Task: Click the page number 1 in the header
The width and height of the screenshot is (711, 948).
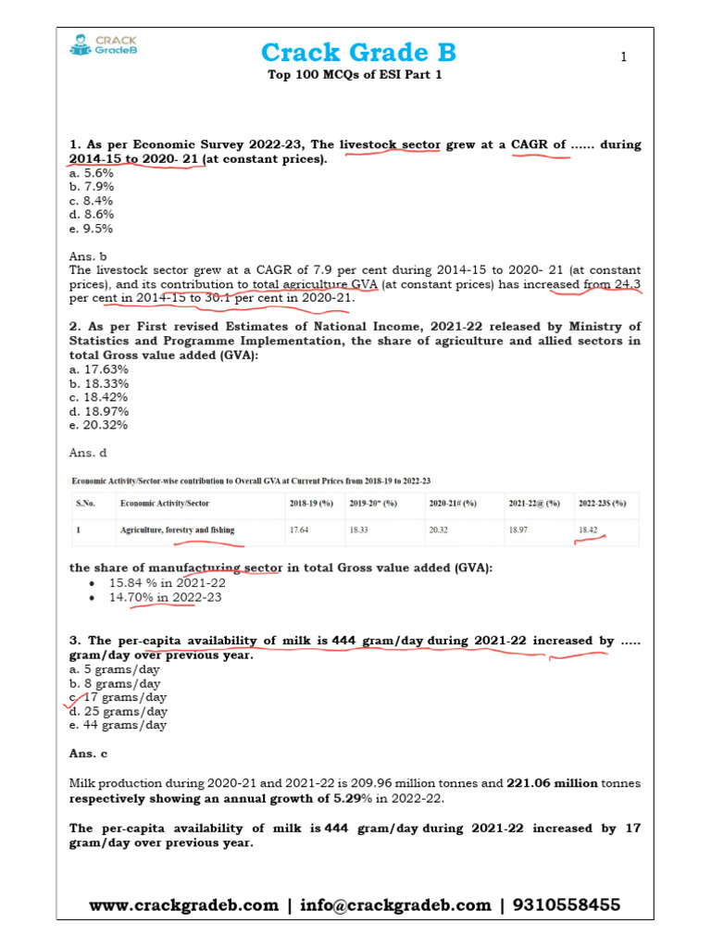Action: coord(624,57)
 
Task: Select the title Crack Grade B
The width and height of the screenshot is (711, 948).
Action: coord(358,52)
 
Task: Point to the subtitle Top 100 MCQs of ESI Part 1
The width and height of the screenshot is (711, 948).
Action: coord(355,75)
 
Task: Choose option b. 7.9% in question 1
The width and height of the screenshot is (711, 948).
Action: coord(92,187)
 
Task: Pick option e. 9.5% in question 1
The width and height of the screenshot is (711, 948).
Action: coord(92,229)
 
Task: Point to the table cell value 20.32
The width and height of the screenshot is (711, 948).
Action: coord(439,530)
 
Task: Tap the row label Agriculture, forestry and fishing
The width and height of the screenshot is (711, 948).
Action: coord(177,530)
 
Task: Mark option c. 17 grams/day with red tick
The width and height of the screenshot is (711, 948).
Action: coord(118,697)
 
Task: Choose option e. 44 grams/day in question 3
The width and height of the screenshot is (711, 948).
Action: coord(118,725)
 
